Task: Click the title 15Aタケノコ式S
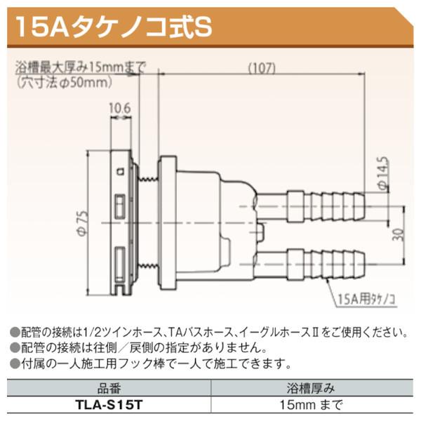[112, 27]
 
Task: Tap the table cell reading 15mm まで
[314, 405]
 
